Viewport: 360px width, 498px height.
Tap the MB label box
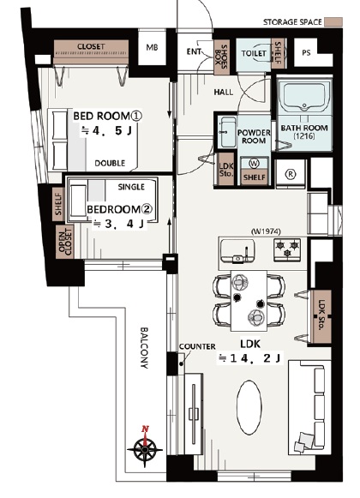pos(152,47)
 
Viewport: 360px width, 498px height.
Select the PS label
pos(306,53)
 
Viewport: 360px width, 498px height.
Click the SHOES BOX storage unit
pos(221,57)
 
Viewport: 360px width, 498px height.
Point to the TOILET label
pos(254,53)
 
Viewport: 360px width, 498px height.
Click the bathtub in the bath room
pos(303,95)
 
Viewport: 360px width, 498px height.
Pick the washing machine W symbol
pos(255,164)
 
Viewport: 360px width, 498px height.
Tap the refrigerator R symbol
pos(291,174)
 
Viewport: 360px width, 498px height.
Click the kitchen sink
pos(237,251)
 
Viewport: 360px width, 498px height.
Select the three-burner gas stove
pos(287,249)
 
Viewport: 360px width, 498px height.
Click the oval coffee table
pos(249,408)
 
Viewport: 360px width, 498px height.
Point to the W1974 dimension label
pos(266,231)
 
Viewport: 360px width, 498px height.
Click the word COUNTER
pos(197,346)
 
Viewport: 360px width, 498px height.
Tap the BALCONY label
pos(144,347)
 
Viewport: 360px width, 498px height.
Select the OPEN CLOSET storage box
pos(65,242)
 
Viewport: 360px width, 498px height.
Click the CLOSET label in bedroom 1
pos(91,46)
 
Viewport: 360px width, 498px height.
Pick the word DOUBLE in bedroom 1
pos(110,163)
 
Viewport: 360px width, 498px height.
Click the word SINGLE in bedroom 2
pos(131,187)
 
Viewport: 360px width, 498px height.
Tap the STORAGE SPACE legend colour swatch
pos(333,22)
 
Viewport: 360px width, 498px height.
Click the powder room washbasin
pos(227,132)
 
